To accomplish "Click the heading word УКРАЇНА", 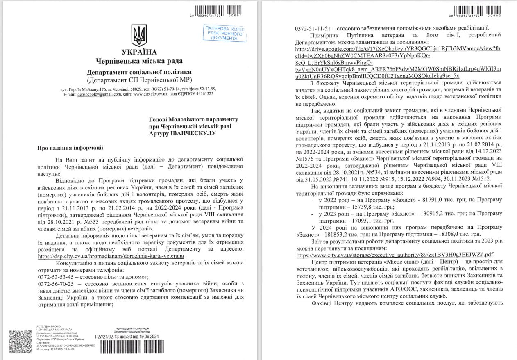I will tap(139, 52).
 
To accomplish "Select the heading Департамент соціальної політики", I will tap(139, 72).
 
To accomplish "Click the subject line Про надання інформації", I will tap(70, 147).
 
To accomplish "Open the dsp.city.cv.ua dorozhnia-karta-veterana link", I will tap(111, 255).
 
